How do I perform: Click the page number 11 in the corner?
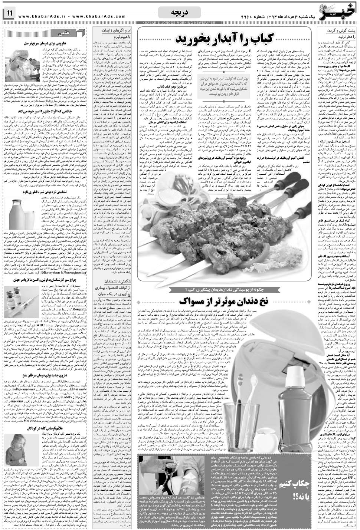pos(9,14)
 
